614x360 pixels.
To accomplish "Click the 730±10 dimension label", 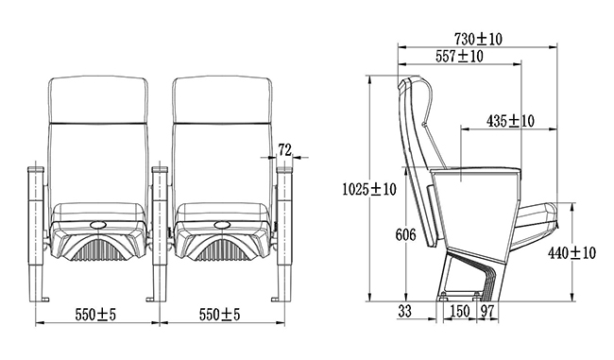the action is [478, 39].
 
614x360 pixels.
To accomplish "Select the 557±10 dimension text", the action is [459, 56].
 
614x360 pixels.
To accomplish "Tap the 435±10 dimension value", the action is [510, 121].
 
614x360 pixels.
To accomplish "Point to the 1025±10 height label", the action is [369, 189].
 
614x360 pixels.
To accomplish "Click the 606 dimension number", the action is [405, 234].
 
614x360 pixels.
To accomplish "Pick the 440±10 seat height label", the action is [571, 253].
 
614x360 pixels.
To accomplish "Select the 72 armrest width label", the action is [285, 149].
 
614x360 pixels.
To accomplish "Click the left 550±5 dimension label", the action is [95, 314].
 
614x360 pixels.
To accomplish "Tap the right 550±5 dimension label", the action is [219, 314].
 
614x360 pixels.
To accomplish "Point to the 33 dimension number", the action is [405, 311].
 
